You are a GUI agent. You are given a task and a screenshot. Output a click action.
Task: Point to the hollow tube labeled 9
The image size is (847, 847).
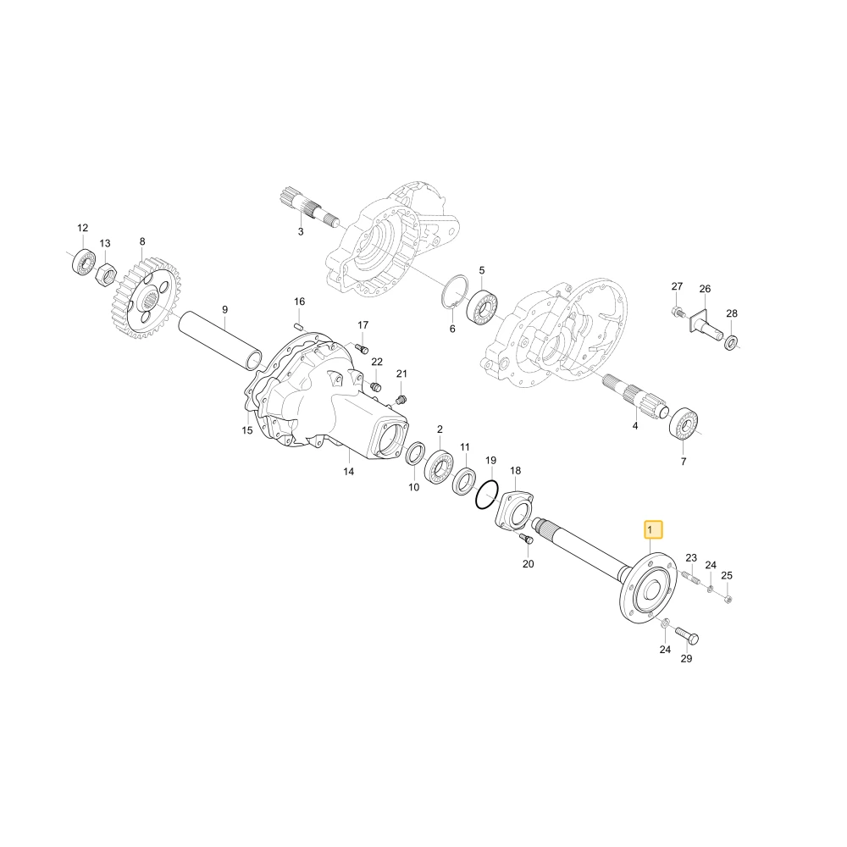(221, 341)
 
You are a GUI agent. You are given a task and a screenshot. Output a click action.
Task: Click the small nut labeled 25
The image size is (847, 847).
(727, 598)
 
